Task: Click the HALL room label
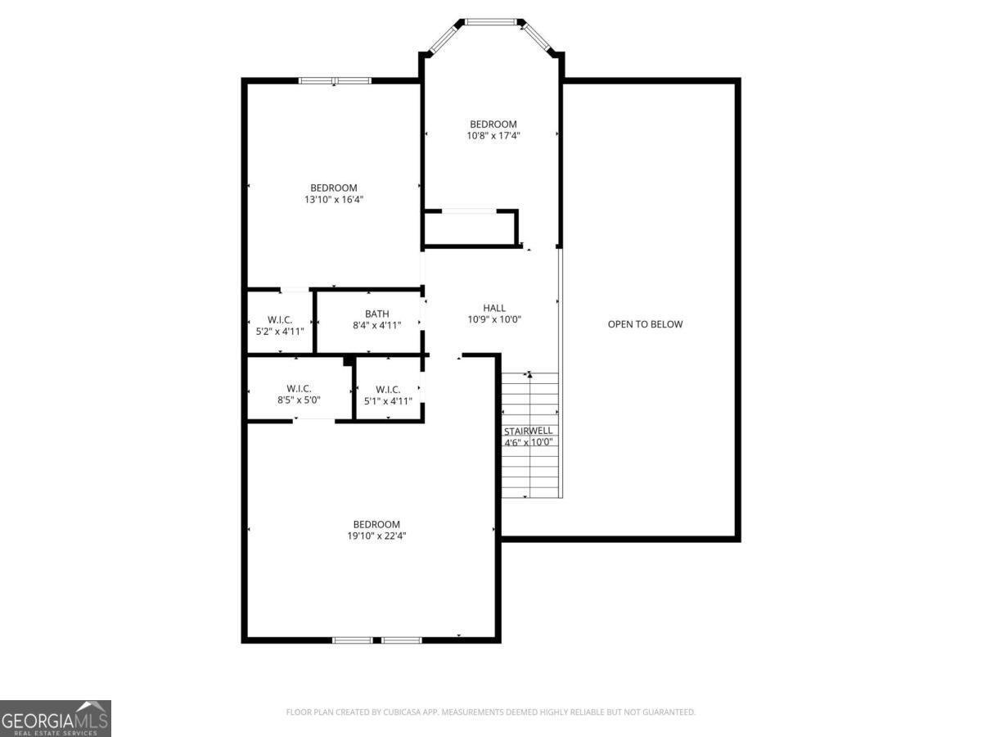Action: [494, 308]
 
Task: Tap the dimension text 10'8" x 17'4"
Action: [493, 136]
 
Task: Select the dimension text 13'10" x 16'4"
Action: [333, 199]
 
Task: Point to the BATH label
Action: [376, 314]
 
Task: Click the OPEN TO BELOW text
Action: [645, 324]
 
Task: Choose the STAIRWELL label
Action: [528, 431]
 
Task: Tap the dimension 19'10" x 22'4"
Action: [376, 536]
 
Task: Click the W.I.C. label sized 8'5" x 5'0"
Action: [299, 388]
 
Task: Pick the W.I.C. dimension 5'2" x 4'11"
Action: [280, 332]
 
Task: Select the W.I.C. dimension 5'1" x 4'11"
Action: [388, 401]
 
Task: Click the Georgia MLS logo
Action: [56, 718]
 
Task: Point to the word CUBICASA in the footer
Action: [401, 712]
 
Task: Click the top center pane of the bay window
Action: [491, 21]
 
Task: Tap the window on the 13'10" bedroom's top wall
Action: [335, 80]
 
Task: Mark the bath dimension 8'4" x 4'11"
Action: [376, 325]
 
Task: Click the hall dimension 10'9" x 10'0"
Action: [494, 319]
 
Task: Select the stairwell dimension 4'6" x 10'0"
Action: [529, 442]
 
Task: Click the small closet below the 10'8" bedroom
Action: [470, 228]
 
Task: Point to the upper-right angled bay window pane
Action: [537, 37]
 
